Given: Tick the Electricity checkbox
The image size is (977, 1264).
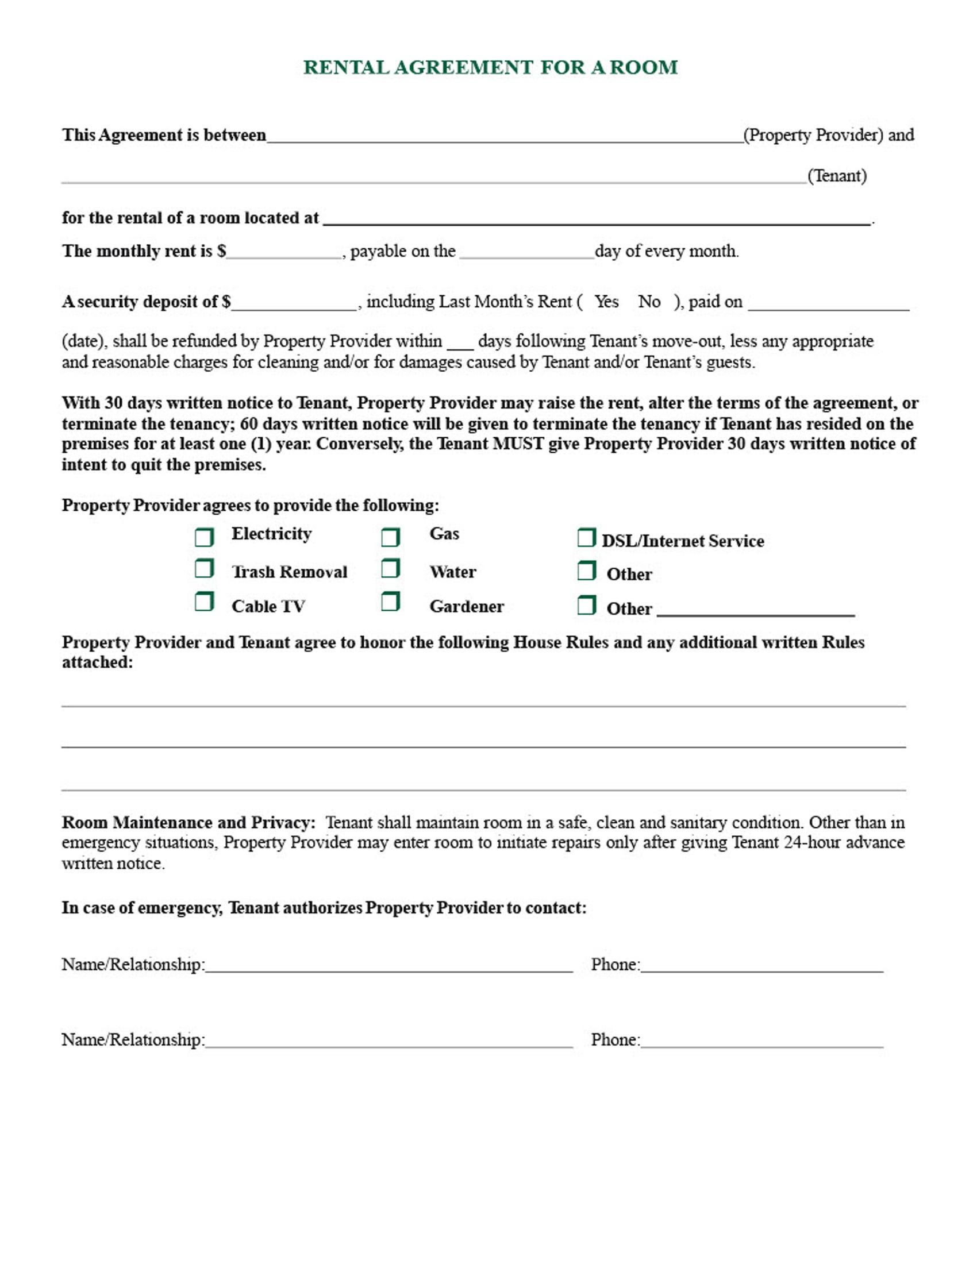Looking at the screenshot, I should click(204, 537).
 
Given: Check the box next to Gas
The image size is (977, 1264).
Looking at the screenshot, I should click(390, 537).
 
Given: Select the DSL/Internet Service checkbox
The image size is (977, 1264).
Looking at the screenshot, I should click(586, 538).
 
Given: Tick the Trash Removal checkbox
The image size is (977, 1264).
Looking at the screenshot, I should click(204, 569).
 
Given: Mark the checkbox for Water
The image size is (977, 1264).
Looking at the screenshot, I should click(390, 569).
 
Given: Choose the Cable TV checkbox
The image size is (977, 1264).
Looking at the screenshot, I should click(204, 602).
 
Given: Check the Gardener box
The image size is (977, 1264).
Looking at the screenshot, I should click(390, 602).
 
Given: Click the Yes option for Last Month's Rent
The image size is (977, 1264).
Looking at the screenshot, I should click(606, 302).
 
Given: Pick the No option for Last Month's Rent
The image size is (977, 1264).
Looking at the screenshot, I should click(649, 302).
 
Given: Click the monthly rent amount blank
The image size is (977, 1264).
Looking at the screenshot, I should click(283, 252).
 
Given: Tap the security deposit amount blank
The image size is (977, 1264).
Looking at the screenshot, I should click(294, 303).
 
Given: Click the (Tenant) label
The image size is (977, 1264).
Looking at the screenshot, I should click(836, 176).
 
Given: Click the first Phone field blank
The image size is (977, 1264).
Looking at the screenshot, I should click(761, 965).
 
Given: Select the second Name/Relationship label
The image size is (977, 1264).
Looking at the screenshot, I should click(133, 1040).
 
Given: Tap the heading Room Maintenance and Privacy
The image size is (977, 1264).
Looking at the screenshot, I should click(188, 822).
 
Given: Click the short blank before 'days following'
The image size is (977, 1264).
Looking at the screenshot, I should click(460, 342).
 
